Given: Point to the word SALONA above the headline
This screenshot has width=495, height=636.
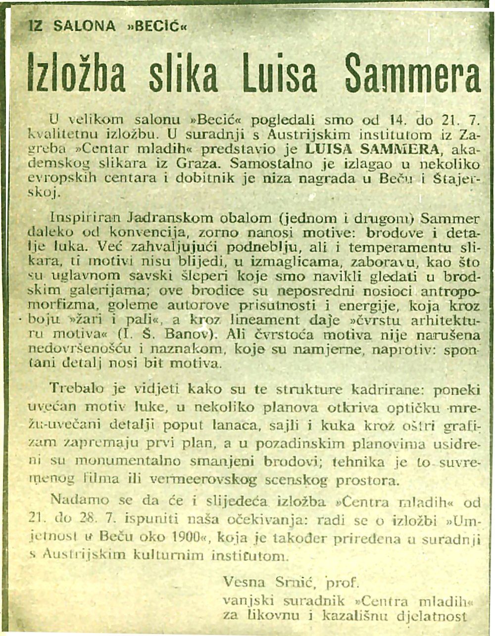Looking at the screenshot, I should [x=84, y=26].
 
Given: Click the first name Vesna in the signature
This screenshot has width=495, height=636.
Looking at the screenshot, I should [x=243, y=581].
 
